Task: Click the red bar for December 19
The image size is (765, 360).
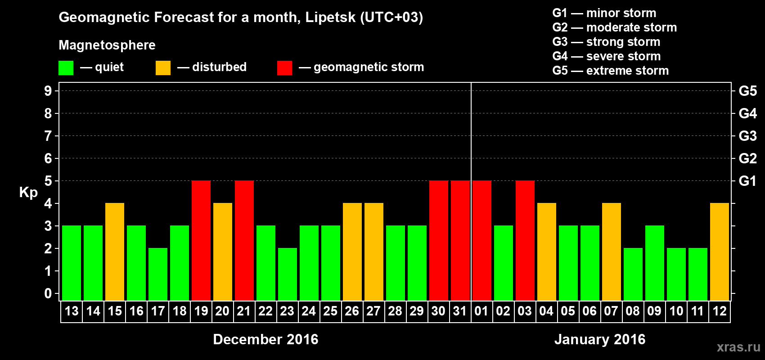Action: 201,240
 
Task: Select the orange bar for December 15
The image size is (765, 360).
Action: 115,252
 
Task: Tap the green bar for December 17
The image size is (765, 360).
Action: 158,274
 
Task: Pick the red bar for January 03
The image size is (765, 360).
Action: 525,240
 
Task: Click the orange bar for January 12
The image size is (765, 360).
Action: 720,252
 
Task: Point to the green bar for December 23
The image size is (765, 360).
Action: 288,274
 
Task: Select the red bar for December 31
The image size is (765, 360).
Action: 460,240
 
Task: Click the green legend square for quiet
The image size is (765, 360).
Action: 66,68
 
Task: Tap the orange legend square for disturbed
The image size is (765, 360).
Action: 163,68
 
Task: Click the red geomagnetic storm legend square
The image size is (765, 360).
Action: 285,68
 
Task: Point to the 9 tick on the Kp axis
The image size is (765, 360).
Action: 48,91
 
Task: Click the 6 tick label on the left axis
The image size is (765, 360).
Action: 48,158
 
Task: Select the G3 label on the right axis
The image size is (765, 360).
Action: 747,136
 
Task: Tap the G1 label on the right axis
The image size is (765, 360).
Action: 747,181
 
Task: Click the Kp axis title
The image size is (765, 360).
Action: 28,193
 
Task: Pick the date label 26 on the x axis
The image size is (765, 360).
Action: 352,311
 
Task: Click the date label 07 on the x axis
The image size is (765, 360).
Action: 611,311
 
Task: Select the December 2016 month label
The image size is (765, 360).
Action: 265,339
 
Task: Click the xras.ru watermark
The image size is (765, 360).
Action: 738,347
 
